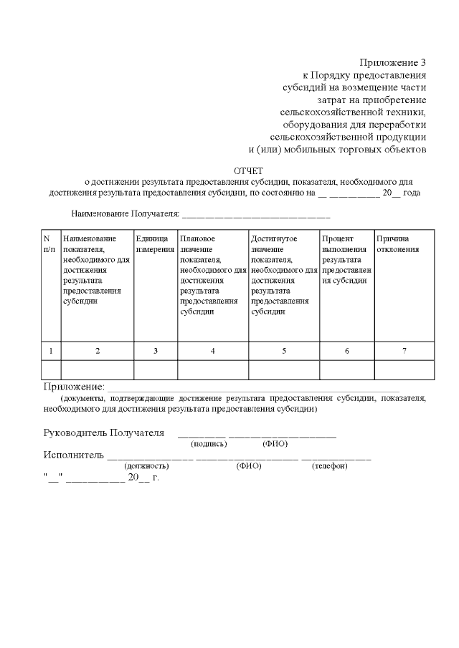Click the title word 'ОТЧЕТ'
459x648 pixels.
[x=248, y=170]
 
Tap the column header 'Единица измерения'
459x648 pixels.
[x=155, y=243]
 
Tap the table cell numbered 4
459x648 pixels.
[x=212, y=351]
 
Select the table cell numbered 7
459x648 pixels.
[x=404, y=351]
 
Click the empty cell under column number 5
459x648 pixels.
[x=283, y=369]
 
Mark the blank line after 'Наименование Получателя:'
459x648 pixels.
[x=256, y=214]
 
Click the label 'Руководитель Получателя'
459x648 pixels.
[x=104, y=432]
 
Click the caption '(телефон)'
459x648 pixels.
[x=329, y=466]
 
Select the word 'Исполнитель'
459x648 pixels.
[x=74, y=455]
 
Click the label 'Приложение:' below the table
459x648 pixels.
[x=74, y=387]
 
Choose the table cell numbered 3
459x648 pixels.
[x=155, y=351]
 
